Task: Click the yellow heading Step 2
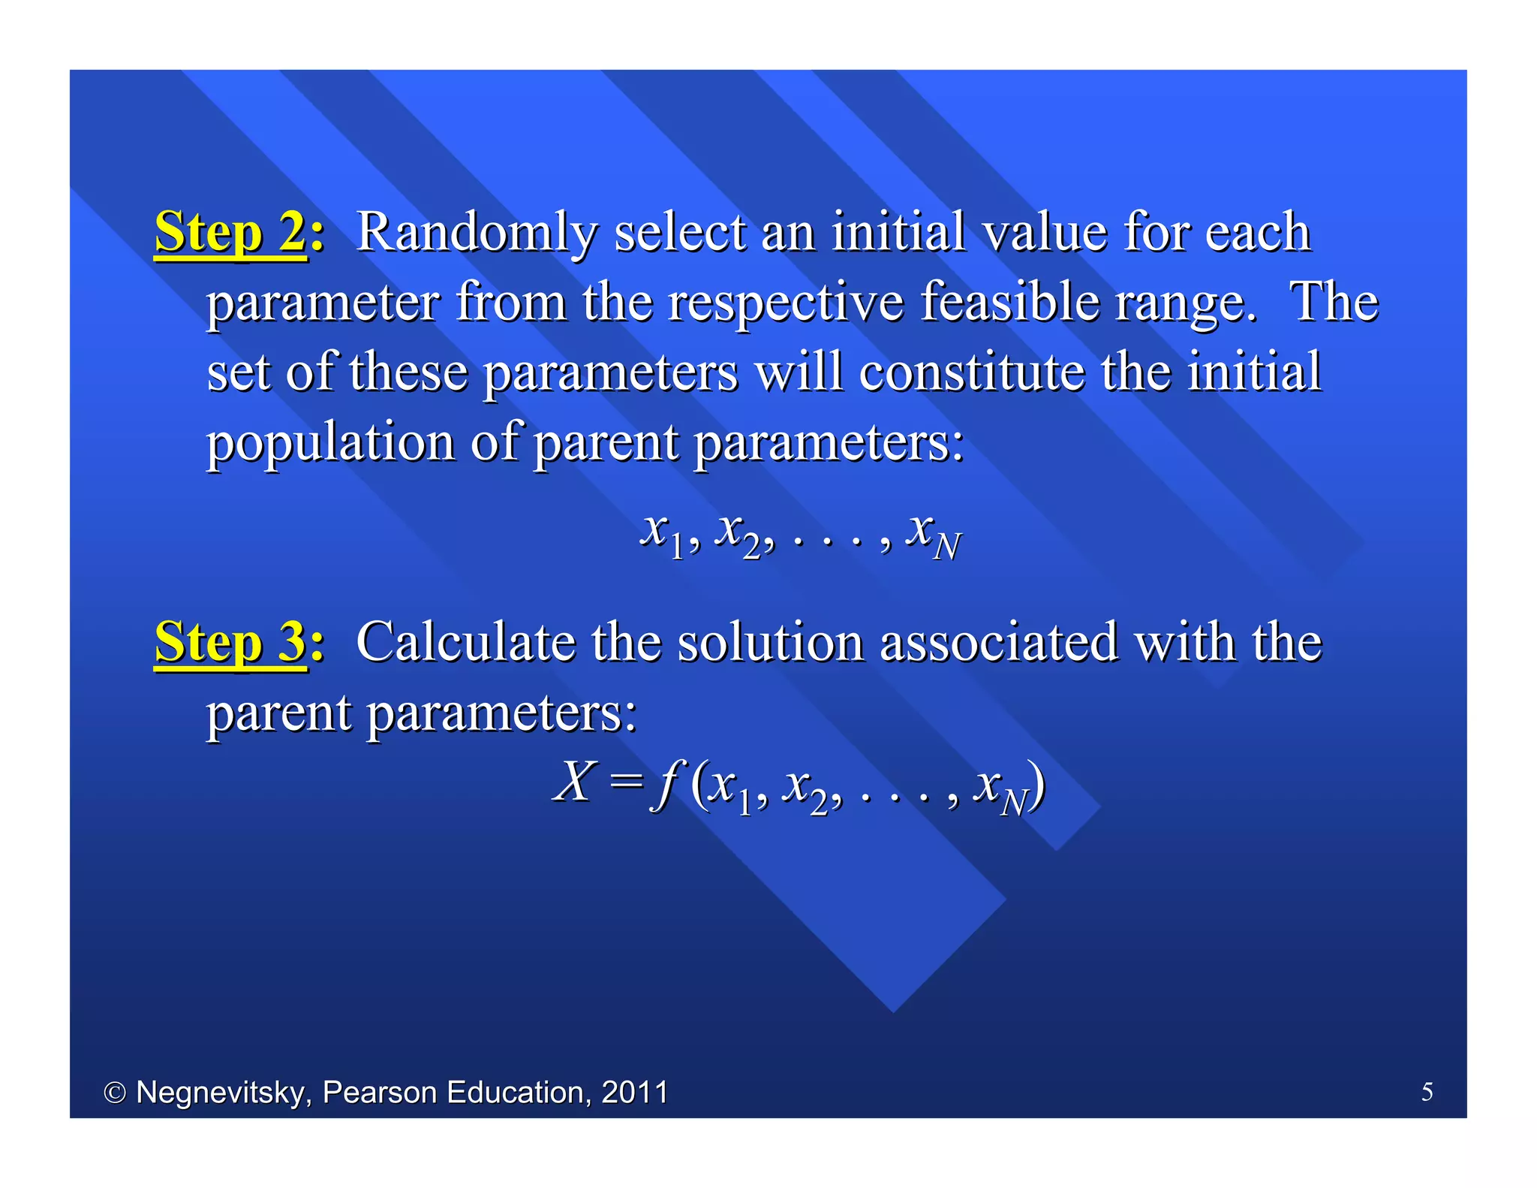click(x=230, y=232)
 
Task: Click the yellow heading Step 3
click(x=230, y=643)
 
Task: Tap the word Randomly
click(x=477, y=232)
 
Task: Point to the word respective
click(x=786, y=303)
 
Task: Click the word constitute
click(x=971, y=372)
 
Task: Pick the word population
click(x=330, y=443)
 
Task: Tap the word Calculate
click(x=465, y=643)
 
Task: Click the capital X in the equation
click(x=575, y=782)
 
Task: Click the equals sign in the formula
click(x=626, y=783)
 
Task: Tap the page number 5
click(x=1427, y=1092)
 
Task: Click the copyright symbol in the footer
click(x=115, y=1093)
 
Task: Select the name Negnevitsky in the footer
click(x=223, y=1093)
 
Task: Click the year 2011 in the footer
click(x=634, y=1092)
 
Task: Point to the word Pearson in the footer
click(x=379, y=1092)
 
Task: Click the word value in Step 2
click(x=1045, y=232)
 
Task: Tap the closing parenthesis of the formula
click(x=1036, y=785)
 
